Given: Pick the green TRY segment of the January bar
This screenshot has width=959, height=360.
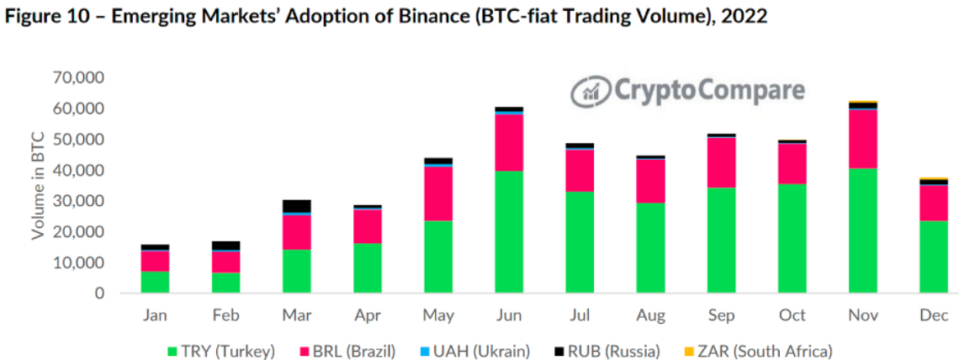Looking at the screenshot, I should [x=155, y=282].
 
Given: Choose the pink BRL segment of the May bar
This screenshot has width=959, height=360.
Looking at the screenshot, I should [x=438, y=193].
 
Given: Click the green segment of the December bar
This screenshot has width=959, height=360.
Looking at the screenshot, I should [x=933, y=257].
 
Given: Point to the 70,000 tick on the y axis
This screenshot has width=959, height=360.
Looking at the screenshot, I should [x=77, y=78].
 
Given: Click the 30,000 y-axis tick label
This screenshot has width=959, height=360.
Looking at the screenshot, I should [x=77, y=202].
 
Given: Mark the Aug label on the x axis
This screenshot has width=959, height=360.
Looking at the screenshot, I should [x=650, y=315].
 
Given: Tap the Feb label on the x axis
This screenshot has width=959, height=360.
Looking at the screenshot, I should [x=226, y=315].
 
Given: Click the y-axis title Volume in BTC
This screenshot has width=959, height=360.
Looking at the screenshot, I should [x=38, y=185].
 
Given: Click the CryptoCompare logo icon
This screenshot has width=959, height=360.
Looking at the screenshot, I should [x=587, y=91].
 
